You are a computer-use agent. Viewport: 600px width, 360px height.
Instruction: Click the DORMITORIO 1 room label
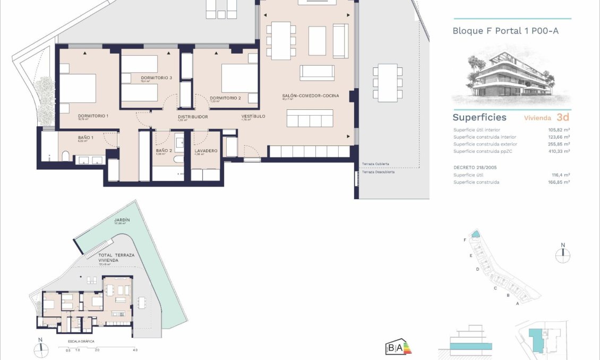pyautogui.click(x=93, y=116)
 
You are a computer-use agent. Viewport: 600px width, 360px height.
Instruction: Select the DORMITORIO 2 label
pyautogui.click(x=225, y=98)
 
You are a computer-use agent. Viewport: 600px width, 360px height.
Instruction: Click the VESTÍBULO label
pyautogui.click(x=253, y=116)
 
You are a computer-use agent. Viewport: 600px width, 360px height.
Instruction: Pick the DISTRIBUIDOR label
pyautogui.click(x=192, y=117)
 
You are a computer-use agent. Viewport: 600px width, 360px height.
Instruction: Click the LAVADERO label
pyautogui.click(x=205, y=151)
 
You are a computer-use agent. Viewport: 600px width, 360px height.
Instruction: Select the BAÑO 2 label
pyautogui.click(x=163, y=151)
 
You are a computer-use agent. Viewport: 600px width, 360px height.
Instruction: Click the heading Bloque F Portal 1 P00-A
pyautogui.click(x=505, y=31)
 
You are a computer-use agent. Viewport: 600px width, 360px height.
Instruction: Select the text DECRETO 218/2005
pyautogui.click(x=476, y=167)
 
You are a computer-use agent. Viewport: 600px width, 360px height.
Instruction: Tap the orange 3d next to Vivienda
pyautogui.click(x=563, y=117)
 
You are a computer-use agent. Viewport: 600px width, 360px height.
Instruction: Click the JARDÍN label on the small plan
pyautogui.click(x=122, y=219)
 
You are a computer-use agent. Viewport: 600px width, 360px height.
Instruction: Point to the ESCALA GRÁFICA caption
pyautogui.click(x=81, y=341)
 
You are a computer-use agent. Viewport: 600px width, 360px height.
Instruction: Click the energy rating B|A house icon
pyautogui.click(x=398, y=348)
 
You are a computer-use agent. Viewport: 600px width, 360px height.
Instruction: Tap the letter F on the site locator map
pyautogui.click(x=465, y=240)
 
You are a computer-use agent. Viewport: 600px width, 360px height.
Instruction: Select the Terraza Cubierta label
pyautogui.click(x=376, y=164)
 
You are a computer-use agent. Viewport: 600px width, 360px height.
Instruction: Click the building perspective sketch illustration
pyautogui.click(x=503, y=77)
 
